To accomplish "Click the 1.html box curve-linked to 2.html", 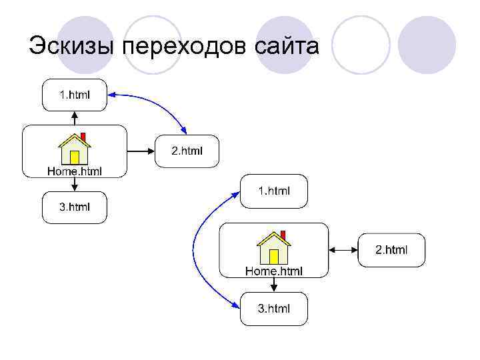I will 74,95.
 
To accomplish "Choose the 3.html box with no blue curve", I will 74,207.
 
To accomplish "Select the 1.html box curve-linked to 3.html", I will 274,191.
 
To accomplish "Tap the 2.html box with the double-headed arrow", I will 391,250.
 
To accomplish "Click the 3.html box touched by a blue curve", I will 274,309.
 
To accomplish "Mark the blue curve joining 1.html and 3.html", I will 195,250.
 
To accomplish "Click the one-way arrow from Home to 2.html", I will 140,151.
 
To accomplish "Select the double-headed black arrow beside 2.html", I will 344,250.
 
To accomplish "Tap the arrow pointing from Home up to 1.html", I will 74,117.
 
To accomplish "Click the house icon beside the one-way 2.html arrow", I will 74,149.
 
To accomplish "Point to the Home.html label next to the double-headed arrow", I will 273,271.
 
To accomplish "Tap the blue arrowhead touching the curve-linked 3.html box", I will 236,305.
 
